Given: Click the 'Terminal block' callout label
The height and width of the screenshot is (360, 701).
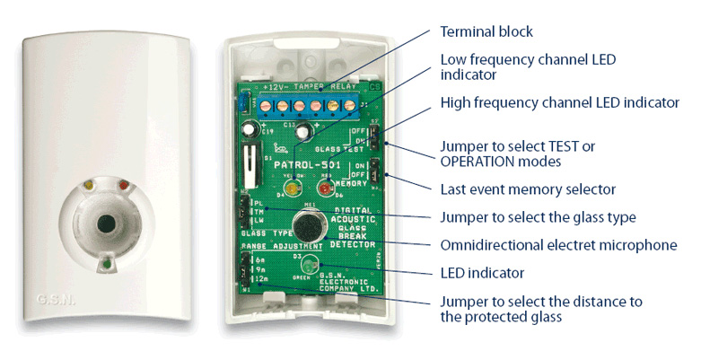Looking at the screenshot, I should click(486, 31).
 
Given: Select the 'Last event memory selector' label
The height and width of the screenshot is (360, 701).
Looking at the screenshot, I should click(528, 189).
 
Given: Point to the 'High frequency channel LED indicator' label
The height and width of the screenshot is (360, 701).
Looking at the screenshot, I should click(559, 103).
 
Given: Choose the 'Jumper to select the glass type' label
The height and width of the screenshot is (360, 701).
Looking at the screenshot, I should click(537, 216).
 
